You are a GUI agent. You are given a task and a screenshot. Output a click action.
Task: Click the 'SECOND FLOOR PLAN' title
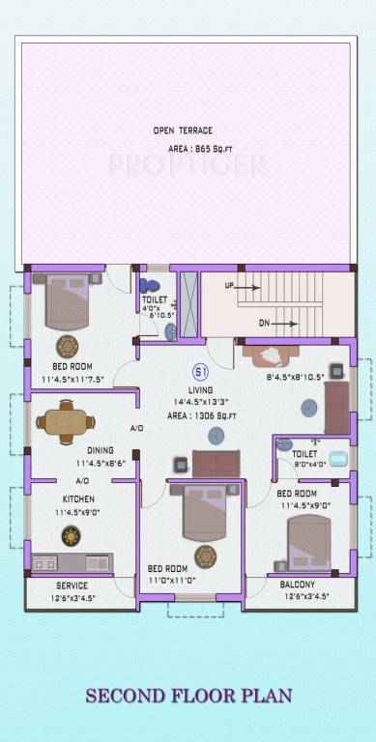[188, 696]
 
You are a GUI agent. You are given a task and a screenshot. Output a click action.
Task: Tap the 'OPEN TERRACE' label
[183, 130]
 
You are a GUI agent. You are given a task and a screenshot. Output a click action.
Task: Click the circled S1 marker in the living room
[201, 371]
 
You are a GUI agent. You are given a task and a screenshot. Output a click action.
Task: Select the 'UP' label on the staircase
[229, 287]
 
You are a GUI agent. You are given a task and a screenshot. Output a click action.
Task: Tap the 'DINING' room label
[100, 451]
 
